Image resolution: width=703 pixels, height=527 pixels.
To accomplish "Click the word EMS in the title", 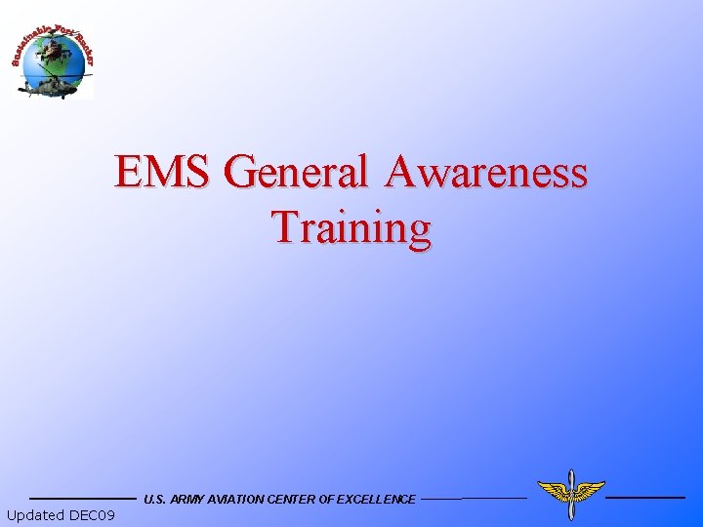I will pyautogui.click(x=161, y=173).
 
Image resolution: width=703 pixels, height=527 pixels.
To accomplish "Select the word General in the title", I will pyautogui.click(x=296, y=173).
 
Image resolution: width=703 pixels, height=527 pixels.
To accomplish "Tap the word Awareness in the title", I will pyautogui.click(x=485, y=173).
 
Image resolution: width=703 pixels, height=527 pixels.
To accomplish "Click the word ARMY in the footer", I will pyautogui.click(x=186, y=500).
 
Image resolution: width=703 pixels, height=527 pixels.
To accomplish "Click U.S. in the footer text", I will pyautogui.click(x=154, y=500).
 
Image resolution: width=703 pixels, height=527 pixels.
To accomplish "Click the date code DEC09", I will pyautogui.click(x=93, y=515).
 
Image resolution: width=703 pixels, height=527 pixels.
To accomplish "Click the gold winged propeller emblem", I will pyautogui.click(x=571, y=494).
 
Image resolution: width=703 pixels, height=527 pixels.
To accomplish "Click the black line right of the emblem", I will pyautogui.click(x=645, y=498).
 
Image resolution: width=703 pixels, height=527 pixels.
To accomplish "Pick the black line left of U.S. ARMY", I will pyautogui.click(x=83, y=499).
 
